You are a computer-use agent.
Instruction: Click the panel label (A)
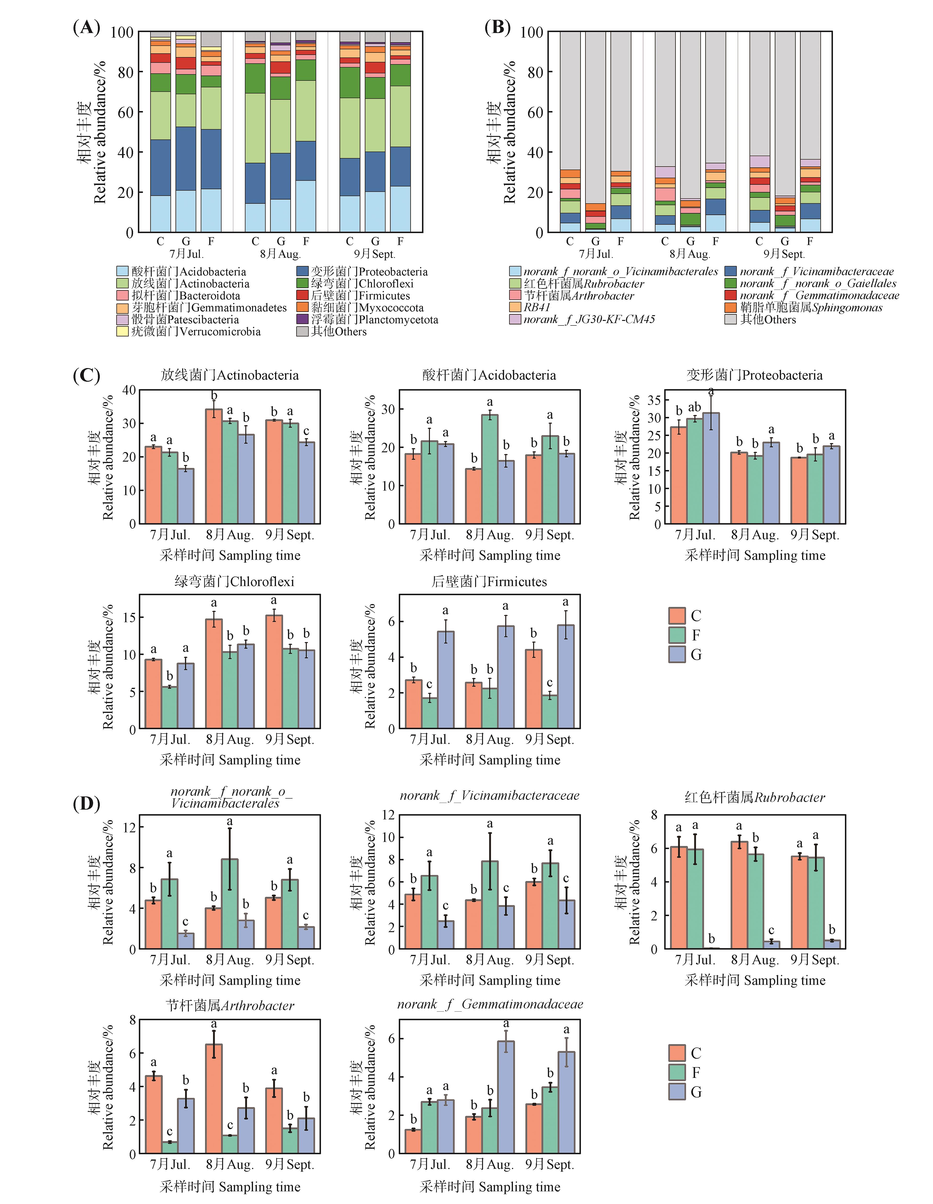click(x=87, y=28)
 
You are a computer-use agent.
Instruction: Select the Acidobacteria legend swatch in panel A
click(x=122, y=271)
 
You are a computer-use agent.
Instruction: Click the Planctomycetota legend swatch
click(x=302, y=319)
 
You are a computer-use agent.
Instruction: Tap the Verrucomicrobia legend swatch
click(x=122, y=331)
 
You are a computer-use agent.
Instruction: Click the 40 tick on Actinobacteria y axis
click(x=129, y=390)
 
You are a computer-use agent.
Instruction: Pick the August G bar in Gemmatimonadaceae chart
click(x=506, y=1097)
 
